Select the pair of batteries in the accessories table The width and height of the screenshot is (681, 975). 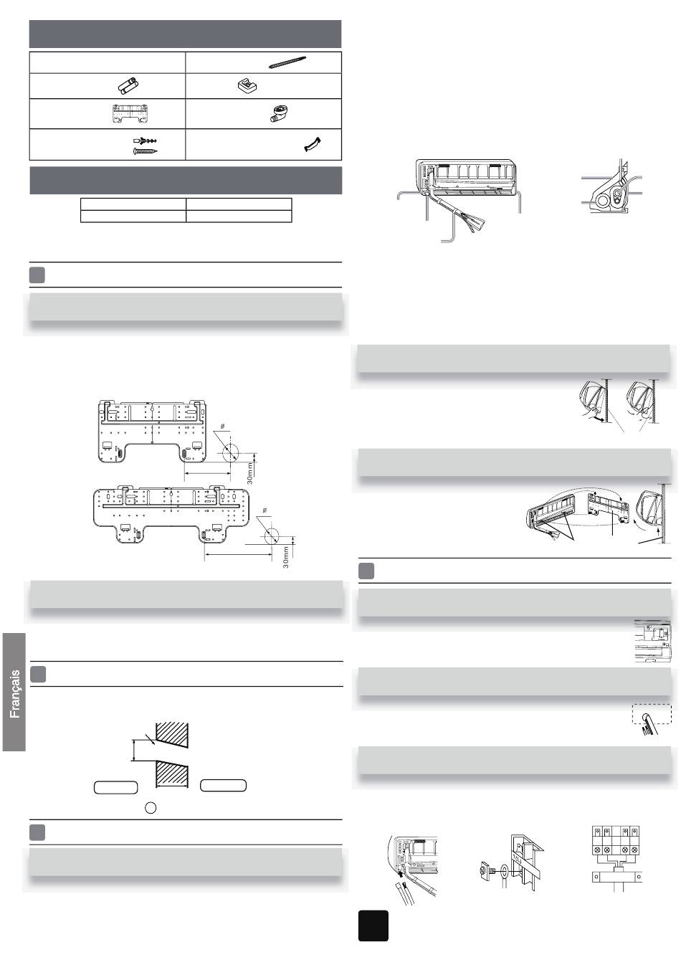128,85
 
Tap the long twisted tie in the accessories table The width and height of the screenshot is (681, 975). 287,62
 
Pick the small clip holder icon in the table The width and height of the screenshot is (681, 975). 247,85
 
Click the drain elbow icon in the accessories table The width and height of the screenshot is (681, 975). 278,115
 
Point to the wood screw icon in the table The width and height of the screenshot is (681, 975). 145,151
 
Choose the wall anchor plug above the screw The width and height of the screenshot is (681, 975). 145,141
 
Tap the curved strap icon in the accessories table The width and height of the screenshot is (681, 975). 313,145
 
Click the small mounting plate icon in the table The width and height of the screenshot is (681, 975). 129,114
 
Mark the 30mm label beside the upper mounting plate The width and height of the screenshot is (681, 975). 249,473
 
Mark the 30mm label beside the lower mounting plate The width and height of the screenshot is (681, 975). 286,558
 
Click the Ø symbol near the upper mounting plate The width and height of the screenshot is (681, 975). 222,427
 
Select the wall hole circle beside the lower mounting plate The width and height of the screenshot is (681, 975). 271,535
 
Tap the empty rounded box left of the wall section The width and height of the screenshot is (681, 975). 115,787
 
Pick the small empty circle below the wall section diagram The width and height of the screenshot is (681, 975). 151,808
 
